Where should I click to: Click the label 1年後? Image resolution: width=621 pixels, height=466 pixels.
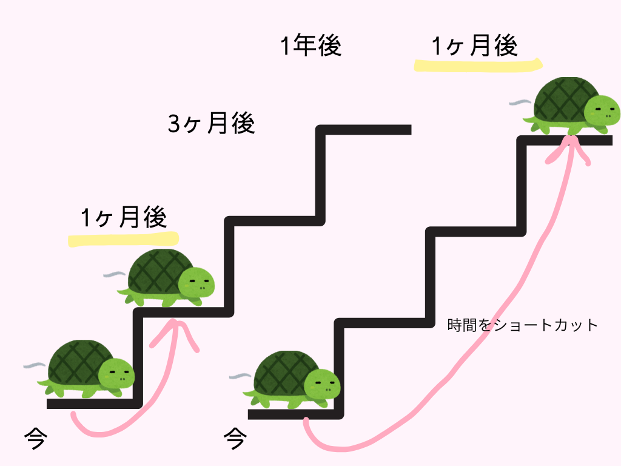[x=311, y=46]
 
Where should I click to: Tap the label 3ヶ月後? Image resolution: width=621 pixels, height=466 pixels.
[x=211, y=124]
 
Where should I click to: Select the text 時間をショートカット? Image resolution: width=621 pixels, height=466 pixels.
[x=523, y=325]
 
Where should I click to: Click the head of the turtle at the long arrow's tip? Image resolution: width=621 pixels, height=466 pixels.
[x=602, y=110]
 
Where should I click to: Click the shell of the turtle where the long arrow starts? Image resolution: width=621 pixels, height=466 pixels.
[x=283, y=370]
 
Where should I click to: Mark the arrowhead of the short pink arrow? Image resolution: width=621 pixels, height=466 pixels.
[x=178, y=328]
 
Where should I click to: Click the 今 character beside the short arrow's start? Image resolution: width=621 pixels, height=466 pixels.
[x=35, y=437]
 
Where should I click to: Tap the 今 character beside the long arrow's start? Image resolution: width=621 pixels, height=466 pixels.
[x=235, y=437]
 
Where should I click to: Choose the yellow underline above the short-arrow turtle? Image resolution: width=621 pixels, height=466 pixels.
[x=123, y=239]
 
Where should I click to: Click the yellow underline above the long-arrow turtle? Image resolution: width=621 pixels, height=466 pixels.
[x=477, y=64]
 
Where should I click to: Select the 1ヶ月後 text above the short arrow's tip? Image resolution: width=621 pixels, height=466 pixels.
[x=123, y=217]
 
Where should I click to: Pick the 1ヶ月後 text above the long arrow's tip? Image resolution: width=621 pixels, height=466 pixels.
[x=475, y=46]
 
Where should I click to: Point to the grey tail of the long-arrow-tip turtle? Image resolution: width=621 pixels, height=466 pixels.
[x=519, y=103]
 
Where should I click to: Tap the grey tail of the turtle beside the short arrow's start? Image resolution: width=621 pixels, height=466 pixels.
[x=34, y=366]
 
